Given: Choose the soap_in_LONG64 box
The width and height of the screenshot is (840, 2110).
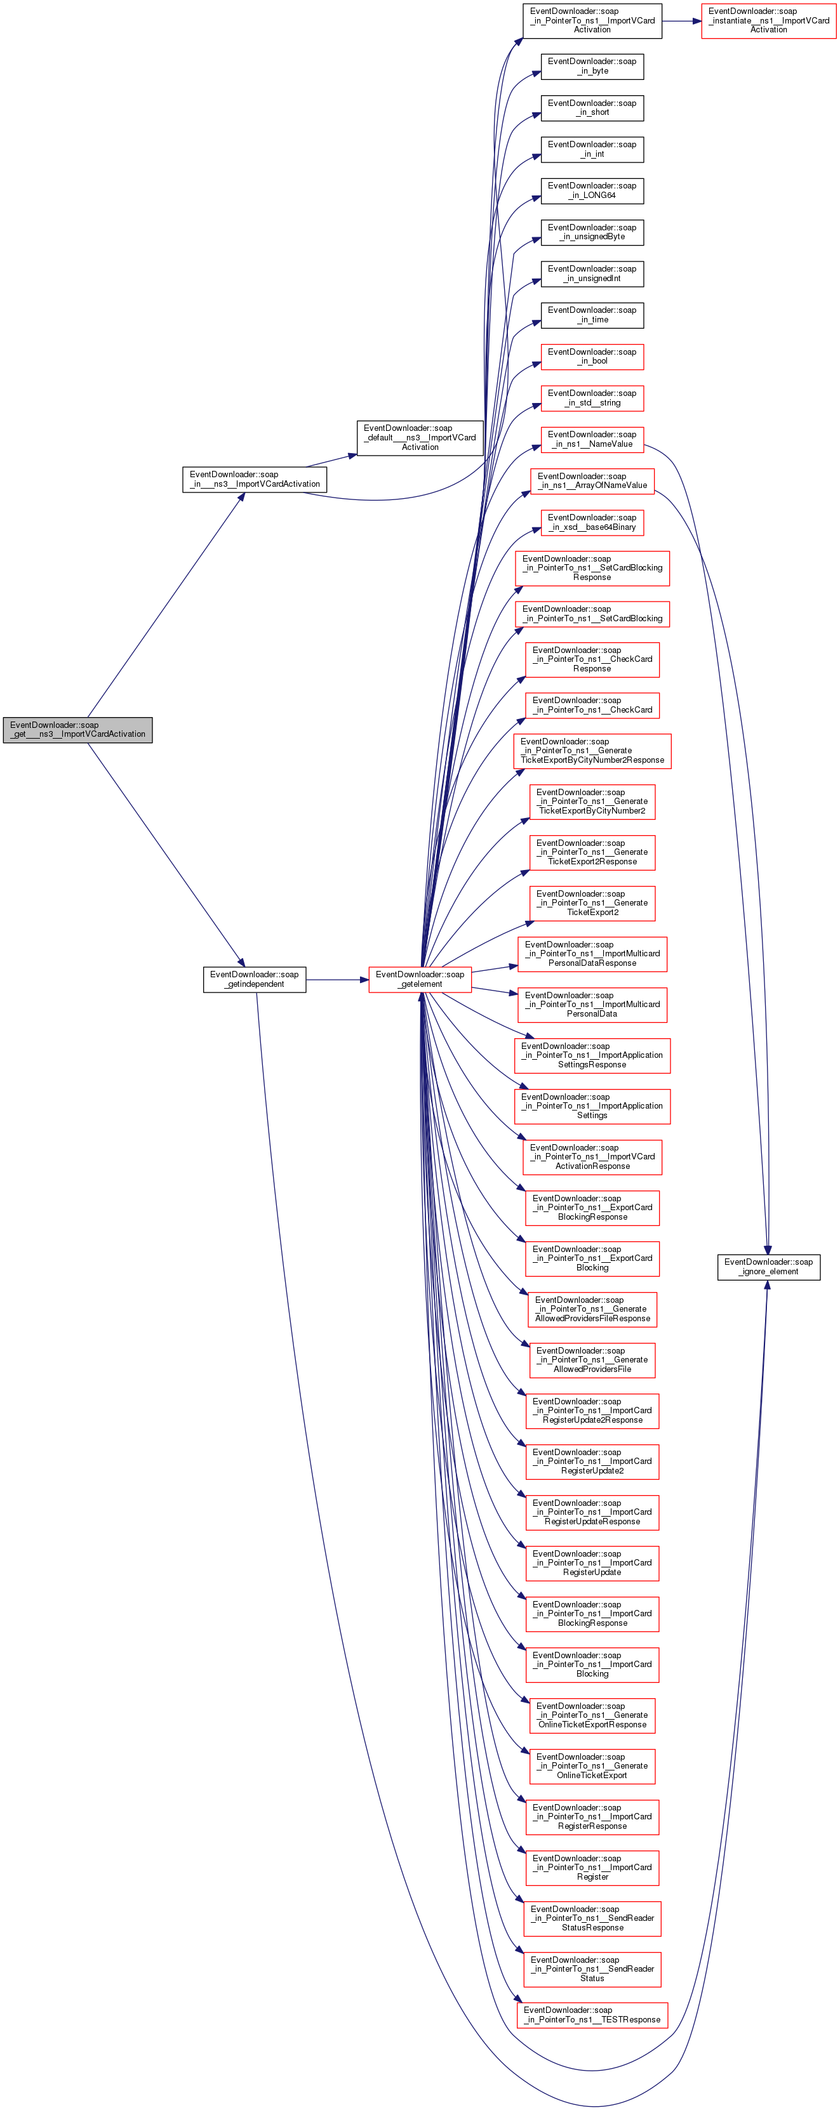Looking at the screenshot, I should click(592, 191).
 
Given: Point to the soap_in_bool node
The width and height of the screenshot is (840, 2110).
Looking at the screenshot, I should click(592, 356).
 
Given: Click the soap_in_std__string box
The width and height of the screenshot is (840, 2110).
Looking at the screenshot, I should click(592, 398).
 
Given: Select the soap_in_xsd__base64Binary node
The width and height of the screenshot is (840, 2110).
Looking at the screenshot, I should click(592, 523).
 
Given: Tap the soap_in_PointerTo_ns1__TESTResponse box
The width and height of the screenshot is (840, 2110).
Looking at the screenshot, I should click(592, 2015).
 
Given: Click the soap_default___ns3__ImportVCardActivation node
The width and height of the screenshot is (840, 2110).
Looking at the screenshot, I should click(420, 437).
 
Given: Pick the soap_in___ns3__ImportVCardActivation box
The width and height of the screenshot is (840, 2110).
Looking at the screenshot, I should click(254, 479).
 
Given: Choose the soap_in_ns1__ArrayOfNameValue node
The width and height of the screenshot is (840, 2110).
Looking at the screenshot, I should click(592, 481).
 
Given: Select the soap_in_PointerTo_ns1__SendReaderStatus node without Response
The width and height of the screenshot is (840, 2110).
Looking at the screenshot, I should click(592, 1969).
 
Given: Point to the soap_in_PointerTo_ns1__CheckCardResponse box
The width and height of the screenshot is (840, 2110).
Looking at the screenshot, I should click(592, 659).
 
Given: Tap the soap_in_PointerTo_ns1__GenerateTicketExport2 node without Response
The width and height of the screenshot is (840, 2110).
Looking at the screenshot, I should click(592, 902).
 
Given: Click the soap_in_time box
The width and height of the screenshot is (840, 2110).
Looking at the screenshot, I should click(592, 315).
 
